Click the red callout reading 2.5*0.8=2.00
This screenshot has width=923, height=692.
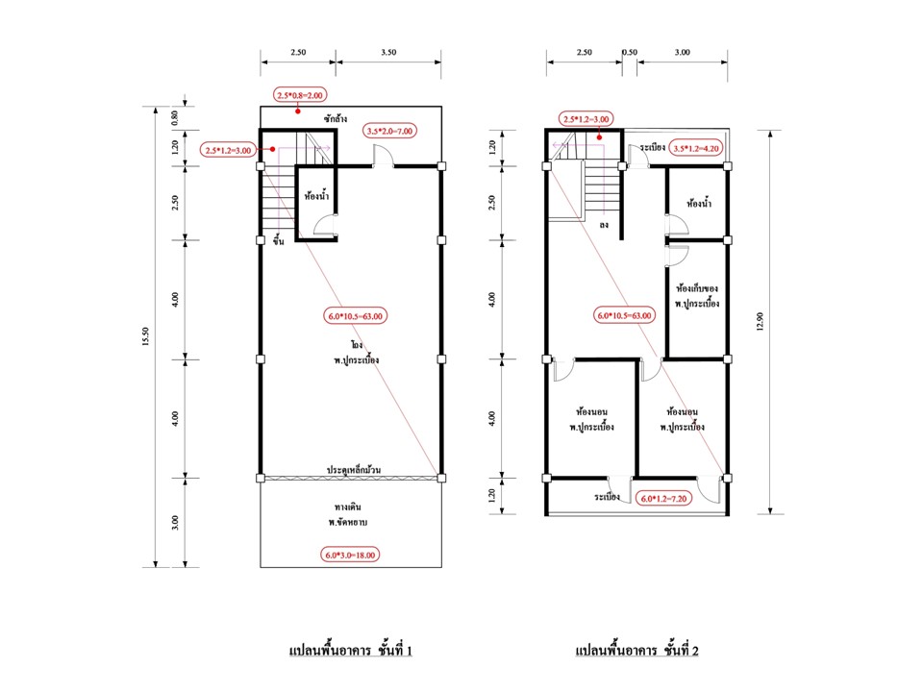(x=300, y=95)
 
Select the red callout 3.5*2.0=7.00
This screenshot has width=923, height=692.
(x=389, y=131)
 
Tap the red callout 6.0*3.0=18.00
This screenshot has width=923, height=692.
(x=350, y=555)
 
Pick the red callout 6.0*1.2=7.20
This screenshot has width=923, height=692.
(x=663, y=499)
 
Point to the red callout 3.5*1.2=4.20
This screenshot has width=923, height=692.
(x=696, y=148)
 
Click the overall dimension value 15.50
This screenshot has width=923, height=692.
(x=145, y=337)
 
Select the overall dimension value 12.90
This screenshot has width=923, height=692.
(x=760, y=322)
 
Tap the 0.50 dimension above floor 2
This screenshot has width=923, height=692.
(x=630, y=52)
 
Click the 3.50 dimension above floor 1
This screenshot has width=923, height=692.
(x=388, y=52)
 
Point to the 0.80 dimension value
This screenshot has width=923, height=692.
(x=175, y=118)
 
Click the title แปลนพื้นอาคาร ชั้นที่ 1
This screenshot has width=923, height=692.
(x=351, y=650)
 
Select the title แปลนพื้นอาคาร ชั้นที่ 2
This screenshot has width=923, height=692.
(x=636, y=650)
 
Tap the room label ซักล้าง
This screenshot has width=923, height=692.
(x=336, y=118)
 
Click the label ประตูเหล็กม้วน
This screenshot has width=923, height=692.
(x=354, y=470)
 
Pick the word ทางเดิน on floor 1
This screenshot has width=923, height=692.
(x=348, y=507)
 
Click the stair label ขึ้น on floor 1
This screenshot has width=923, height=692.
(x=279, y=240)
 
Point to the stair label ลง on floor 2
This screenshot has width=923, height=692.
(x=604, y=225)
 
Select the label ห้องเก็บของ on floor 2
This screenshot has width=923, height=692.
(x=697, y=288)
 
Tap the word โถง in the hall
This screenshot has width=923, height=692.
(x=357, y=345)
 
